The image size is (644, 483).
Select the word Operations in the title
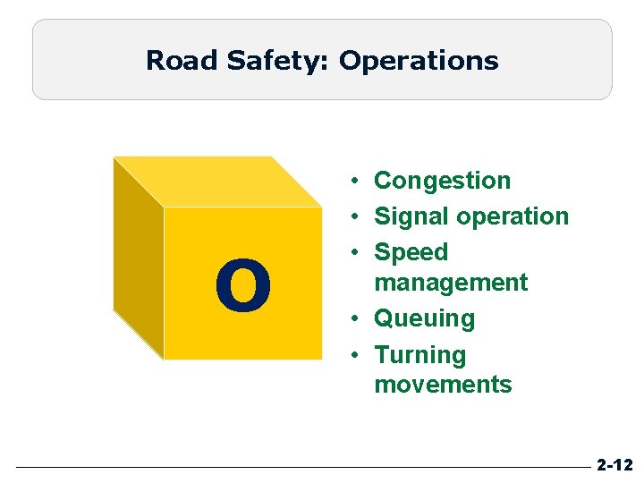[x=419, y=61]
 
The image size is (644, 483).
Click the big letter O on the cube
[x=243, y=286]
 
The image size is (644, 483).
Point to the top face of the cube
[x=219, y=182]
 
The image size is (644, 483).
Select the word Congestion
[x=442, y=181]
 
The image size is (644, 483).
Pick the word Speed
[x=411, y=252]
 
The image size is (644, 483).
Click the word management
[x=451, y=283]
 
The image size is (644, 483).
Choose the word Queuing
[x=424, y=318]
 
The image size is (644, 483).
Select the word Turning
[x=420, y=355]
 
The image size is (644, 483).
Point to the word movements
[x=443, y=385]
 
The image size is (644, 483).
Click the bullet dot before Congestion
[x=355, y=181]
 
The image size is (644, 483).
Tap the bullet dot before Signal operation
[x=355, y=216]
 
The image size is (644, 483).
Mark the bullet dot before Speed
[x=355, y=252]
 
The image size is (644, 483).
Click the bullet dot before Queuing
[x=355, y=318]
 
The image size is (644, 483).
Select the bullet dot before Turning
[x=355, y=355]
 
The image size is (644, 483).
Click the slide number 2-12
[x=614, y=465]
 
